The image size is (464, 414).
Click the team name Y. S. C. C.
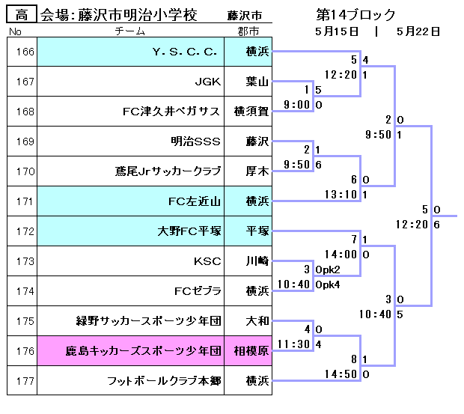pyautogui.click(x=184, y=52)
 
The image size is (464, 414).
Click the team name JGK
pyautogui.click(x=207, y=82)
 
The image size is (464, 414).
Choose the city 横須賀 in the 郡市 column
pyautogui.click(x=251, y=112)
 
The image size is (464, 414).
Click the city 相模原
pyautogui.click(x=251, y=350)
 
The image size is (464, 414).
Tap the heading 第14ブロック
pyautogui.click(x=355, y=15)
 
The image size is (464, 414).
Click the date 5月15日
pyautogui.click(x=338, y=31)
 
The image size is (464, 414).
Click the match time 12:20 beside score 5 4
pyautogui.click(x=340, y=75)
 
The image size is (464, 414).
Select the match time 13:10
pyautogui.click(x=340, y=195)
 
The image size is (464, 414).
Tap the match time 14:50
pyautogui.click(x=340, y=374)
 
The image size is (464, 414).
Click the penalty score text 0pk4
pyautogui.click(x=328, y=284)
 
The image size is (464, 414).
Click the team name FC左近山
pyautogui.click(x=195, y=201)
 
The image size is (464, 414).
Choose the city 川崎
pyautogui.click(x=251, y=261)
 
